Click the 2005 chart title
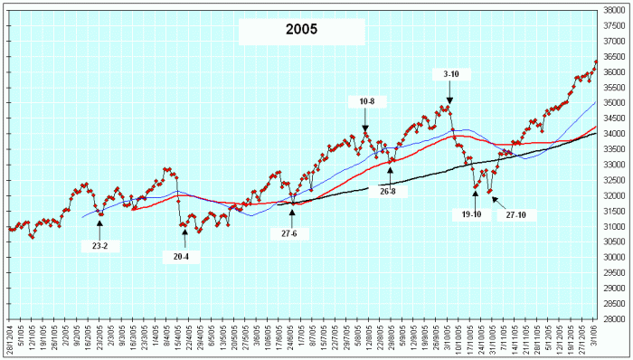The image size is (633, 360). (301, 31)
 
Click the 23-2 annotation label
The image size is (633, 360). (99, 246)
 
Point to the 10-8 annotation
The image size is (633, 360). (366, 100)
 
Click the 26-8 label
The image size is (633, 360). (391, 191)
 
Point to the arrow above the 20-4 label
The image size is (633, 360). (184, 237)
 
